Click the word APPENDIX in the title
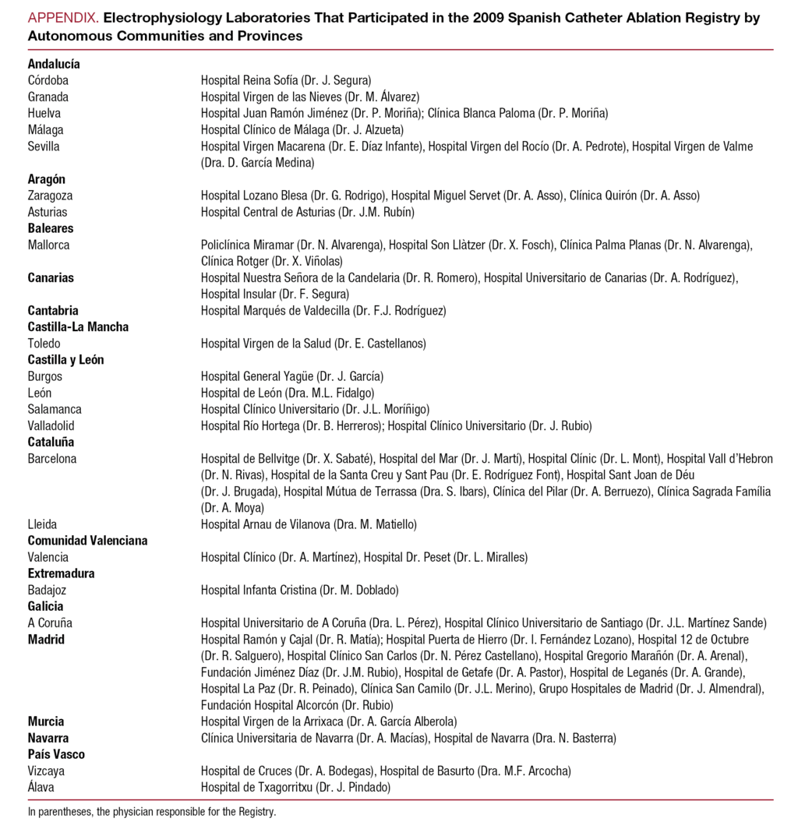tap(63, 18)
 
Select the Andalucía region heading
tap(54, 64)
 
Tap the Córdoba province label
tap(48, 80)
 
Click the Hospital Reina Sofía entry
tap(286, 80)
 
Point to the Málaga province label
tap(46, 130)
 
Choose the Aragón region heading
tap(47, 179)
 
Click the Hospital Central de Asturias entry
tap(307, 212)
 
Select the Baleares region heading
tap(51, 228)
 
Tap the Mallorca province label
tap(48, 245)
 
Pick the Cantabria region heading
tap(53, 311)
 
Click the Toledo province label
tap(44, 344)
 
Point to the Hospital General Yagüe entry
tap(292, 376)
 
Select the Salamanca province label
tap(55, 409)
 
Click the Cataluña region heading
tap(51, 442)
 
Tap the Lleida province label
tap(42, 524)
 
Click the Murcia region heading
tap(46, 721)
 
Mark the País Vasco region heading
tap(56, 754)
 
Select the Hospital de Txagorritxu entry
tap(295, 787)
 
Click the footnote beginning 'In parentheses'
tap(152, 811)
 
